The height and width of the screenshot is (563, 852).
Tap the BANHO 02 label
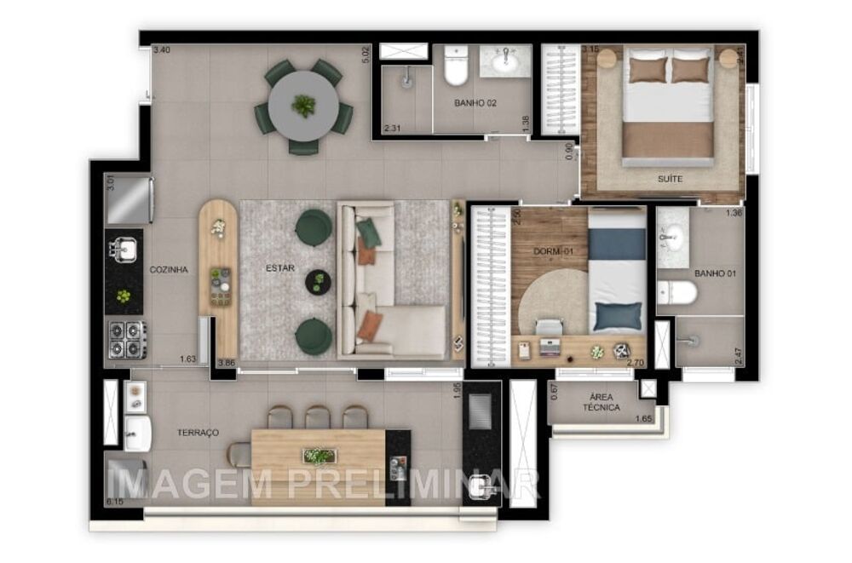(x=475, y=103)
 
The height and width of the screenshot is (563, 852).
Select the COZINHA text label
(x=169, y=270)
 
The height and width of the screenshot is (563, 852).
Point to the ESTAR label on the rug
(x=279, y=268)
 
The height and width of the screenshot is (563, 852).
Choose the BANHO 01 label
(x=715, y=274)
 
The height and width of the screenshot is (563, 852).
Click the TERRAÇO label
(x=198, y=433)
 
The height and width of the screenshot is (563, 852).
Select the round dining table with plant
(x=303, y=106)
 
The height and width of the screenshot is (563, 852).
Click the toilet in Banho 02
(x=456, y=68)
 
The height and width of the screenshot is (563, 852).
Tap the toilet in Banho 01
(x=678, y=294)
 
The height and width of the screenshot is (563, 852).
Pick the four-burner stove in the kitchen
(x=126, y=338)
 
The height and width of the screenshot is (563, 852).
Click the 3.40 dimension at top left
(x=161, y=50)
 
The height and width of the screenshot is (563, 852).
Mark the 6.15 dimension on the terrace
(x=115, y=503)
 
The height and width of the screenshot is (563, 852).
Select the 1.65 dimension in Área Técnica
(x=644, y=418)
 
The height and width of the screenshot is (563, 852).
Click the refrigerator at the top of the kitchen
(x=128, y=199)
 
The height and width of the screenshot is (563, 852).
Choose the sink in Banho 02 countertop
(x=505, y=60)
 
